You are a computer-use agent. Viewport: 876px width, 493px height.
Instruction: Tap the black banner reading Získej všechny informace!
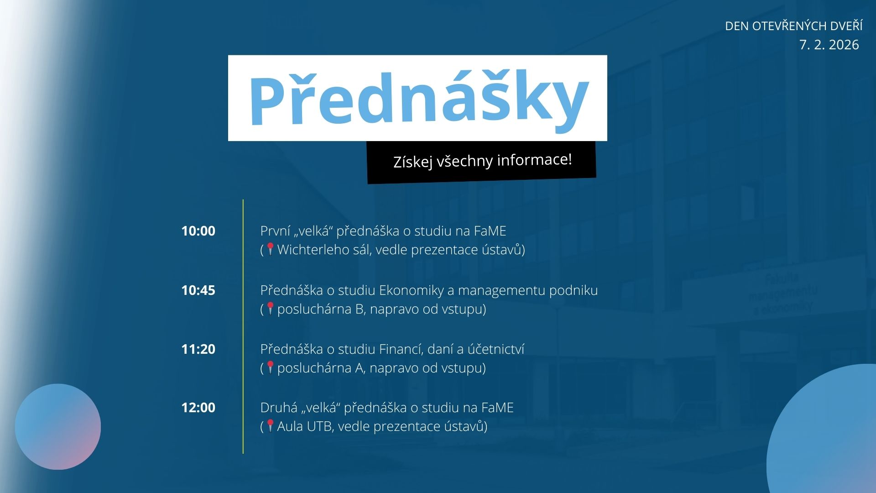pyautogui.click(x=482, y=162)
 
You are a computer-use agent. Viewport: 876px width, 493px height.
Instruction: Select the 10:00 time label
pyautogui.click(x=198, y=231)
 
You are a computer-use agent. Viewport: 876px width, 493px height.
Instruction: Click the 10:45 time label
pyautogui.click(x=198, y=290)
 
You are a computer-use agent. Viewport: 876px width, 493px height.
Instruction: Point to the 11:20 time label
pyautogui.click(x=198, y=349)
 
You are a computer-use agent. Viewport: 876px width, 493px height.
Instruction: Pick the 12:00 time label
pyautogui.click(x=198, y=408)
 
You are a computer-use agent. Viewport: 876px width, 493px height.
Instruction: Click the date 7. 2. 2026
pyautogui.click(x=829, y=45)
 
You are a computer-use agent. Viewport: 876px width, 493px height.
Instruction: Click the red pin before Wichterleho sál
pyautogui.click(x=270, y=249)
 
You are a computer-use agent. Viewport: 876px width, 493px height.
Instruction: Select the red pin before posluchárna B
pyautogui.click(x=270, y=309)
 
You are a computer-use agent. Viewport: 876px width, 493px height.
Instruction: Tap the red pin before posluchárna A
pyautogui.click(x=270, y=367)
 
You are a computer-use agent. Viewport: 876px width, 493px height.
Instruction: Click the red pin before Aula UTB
pyautogui.click(x=270, y=426)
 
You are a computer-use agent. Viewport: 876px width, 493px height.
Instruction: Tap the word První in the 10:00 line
pyautogui.click(x=275, y=231)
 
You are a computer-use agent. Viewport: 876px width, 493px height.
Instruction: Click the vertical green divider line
pyautogui.click(x=243, y=326)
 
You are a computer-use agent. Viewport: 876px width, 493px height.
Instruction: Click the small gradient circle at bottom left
pyautogui.click(x=58, y=427)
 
